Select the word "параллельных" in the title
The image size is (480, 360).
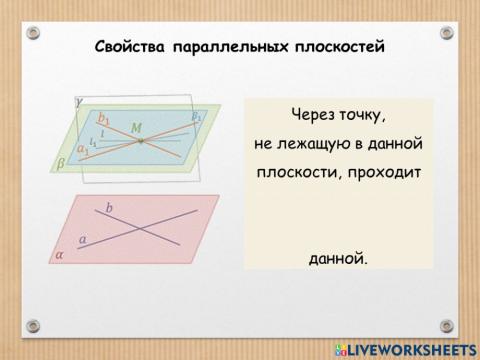click(x=221, y=47)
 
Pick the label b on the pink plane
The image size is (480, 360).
click(x=109, y=209)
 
